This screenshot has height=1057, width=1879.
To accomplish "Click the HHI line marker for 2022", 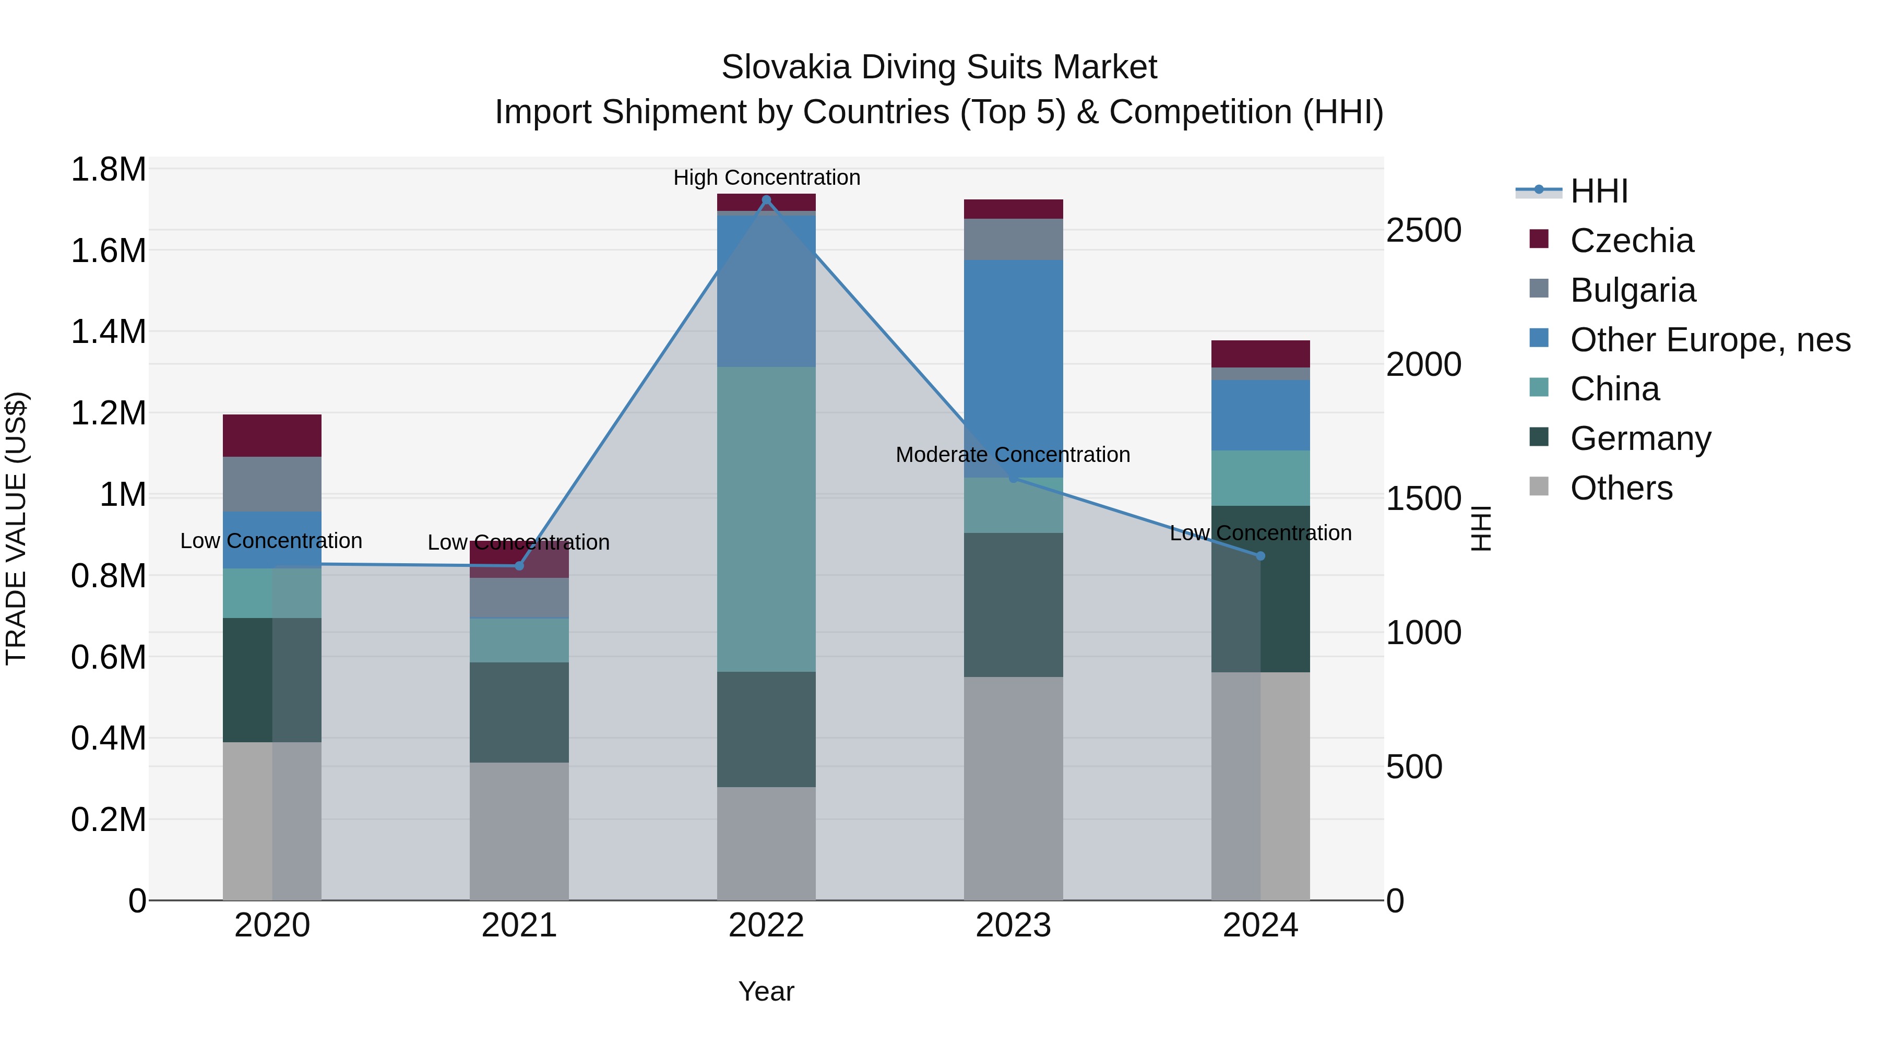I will [x=766, y=199].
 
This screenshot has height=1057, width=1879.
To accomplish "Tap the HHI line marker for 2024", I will [x=1260, y=556].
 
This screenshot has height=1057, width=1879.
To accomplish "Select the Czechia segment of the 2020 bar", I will [x=272, y=435].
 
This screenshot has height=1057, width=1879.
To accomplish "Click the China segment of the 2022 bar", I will [x=766, y=519].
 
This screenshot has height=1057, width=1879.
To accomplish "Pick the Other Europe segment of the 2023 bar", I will [x=1013, y=369].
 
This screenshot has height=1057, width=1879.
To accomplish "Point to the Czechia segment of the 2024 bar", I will [x=1260, y=354].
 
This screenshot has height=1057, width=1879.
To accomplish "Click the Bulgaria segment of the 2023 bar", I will [x=1013, y=239].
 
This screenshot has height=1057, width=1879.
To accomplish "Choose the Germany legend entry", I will [x=1640, y=438].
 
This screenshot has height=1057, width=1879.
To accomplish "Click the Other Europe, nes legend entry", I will [x=1709, y=340].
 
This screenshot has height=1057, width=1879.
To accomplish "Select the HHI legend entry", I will [x=1598, y=191].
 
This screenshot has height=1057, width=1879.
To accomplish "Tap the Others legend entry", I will [x=1621, y=488].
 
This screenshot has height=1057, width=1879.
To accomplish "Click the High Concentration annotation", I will [x=766, y=177].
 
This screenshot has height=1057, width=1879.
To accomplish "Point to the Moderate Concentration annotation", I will [x=1013, y=455].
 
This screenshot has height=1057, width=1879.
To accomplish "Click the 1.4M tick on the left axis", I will [x=108, y=332].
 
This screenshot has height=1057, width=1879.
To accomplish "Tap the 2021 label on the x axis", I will [x=519, y=925].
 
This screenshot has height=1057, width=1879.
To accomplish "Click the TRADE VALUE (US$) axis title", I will [x=16, y=528].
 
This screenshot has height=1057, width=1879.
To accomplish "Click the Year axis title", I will [x=766, y=991].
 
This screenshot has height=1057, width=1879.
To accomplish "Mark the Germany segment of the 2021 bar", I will [x=519, y=712].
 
